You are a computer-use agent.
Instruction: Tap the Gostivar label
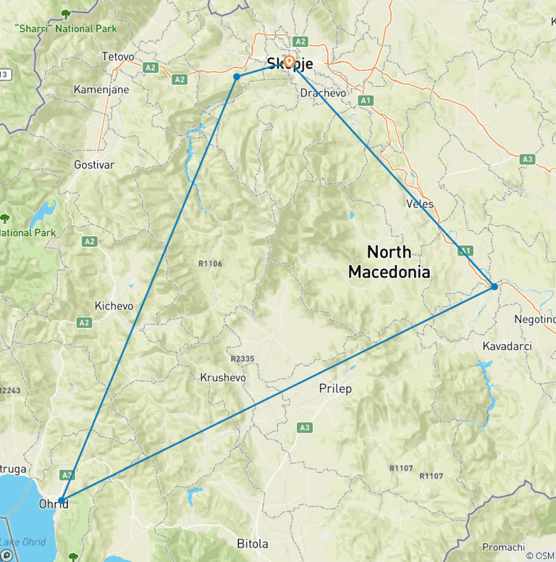click(x=94, y=165)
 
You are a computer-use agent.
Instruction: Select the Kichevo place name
click(x=114, y=306)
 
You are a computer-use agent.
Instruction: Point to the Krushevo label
click(x=223, y=377)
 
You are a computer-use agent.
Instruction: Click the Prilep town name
click(x=335, y=389)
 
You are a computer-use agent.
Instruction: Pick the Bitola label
click(x=253, y=543)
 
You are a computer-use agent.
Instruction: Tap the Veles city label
click(x=421, y=204)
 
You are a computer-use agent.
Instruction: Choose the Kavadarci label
click(x=507, y=346)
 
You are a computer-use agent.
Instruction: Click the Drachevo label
click(x=323, y=93)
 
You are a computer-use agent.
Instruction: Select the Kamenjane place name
click(x=101, y=90)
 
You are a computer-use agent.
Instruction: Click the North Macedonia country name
click(x=389, y=262)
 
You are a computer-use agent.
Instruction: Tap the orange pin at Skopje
click(x=289, y=62)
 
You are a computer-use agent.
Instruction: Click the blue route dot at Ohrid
click(x=62, y=500)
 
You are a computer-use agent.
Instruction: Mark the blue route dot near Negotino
click(x=494, y=287)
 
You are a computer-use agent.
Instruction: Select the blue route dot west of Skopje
click(x=237, y=77)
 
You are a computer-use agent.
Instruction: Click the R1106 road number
click(x=210, y=264)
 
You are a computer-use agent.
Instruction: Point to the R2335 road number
click(x=243, y=358)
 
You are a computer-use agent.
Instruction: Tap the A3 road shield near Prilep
click(x=304, y=428)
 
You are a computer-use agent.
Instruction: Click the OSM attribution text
click(x=539, y=555)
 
